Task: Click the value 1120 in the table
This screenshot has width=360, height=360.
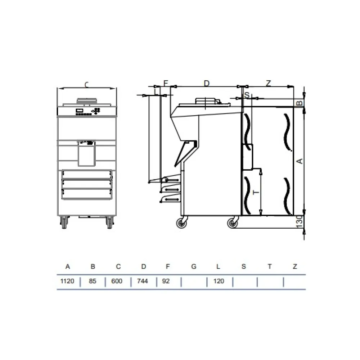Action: coord(67,281)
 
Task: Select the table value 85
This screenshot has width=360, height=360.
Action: coord(93,281)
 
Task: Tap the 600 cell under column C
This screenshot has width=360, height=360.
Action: coord(117,281)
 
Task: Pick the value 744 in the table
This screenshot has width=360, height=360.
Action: coord(142,281)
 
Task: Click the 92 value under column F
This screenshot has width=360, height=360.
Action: coord(166,281)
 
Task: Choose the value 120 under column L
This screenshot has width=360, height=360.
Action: coord(219,281)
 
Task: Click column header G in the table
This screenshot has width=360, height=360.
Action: coord(194,266)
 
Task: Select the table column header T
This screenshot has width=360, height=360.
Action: coord(270,266)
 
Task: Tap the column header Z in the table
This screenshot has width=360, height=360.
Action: coord(295,266)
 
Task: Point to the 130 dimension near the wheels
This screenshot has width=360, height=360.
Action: coord(300,222)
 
